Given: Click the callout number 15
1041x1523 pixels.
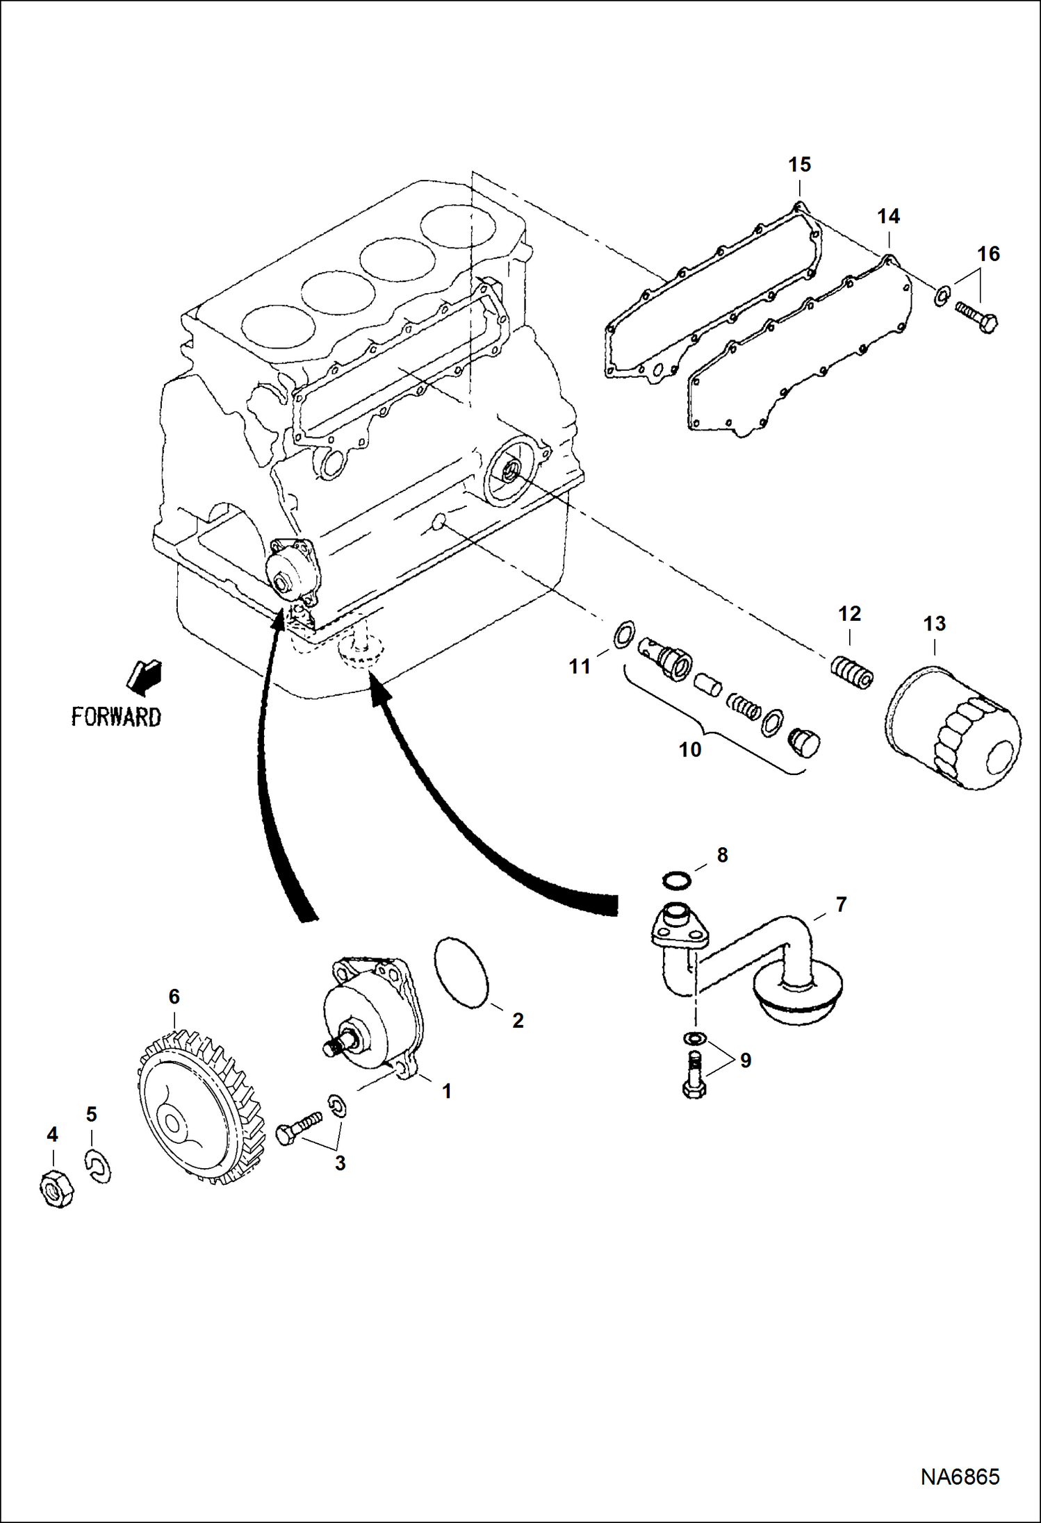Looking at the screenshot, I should click(799, 165).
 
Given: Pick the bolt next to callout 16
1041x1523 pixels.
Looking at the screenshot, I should click(977, 316).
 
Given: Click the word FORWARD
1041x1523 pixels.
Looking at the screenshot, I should click(116, 717).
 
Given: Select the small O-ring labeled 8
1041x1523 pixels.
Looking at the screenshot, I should click(677, 881).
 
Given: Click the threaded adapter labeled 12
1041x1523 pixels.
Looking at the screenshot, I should click(853, 672).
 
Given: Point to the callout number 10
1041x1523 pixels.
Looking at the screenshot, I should click(690, 750).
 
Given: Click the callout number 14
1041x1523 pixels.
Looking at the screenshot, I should click(888, 217).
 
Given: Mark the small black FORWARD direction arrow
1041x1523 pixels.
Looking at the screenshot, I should click(145, 676).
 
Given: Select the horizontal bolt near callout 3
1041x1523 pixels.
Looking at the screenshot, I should click(299, 1127).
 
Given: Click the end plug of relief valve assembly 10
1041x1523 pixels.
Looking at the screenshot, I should click(805, 743).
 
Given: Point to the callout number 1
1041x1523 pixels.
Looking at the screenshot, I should click(447, 1091).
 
